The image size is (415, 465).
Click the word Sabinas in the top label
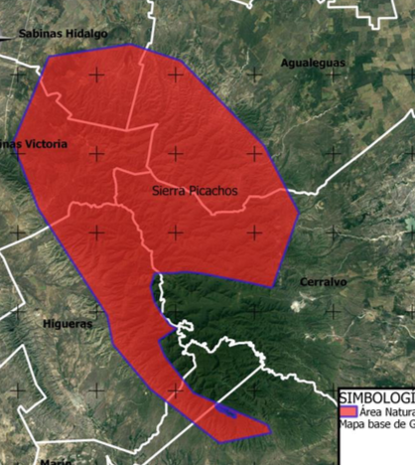tap(39, 33)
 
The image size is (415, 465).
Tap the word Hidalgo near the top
tap(84, 33)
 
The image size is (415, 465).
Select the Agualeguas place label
tap(313, 63)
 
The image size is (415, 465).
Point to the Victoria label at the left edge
tap(44, 144)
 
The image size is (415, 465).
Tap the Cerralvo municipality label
tap(323, 282)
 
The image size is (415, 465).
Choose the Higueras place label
tap(68, 324)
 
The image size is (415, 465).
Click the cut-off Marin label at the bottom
tap(56, 461)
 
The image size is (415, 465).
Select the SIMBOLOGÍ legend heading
tap(376, 395)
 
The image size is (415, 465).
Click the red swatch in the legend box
tap(347, 410)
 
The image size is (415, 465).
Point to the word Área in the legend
tap(371, 410)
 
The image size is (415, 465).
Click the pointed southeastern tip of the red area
tap(269, 430)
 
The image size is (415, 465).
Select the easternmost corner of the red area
tap(299, 213)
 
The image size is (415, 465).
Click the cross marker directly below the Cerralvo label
tap(334, 311)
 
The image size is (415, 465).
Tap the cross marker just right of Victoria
tap(96, 153)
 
